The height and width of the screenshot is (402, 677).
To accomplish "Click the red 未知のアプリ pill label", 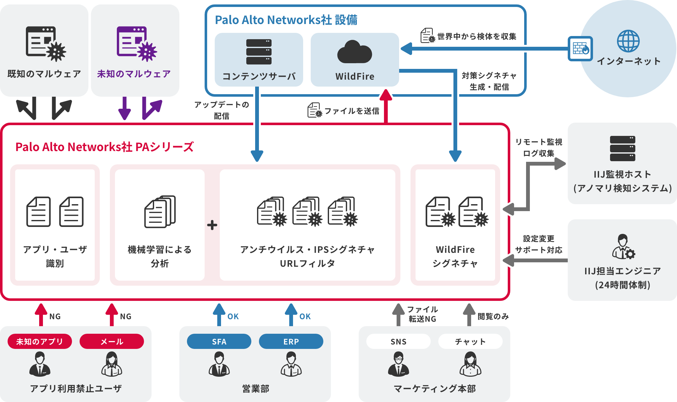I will pyautogui.click(x=40, y=341).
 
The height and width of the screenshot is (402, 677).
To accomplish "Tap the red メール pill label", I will pyautogui.click(x=112, y=341).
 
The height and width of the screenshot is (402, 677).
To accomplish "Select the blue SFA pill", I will pyautogui.click(x=219, y=341).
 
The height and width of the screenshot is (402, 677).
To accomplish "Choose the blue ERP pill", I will pyautogui.click(x=291, y=341).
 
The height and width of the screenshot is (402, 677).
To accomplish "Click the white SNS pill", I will pyautogui.click(x=398, y=341).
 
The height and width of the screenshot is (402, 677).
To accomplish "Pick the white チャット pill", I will pyautogui.click(x=470, y=341).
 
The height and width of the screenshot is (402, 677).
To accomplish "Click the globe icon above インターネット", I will pyautogui.click(x=628, y=41).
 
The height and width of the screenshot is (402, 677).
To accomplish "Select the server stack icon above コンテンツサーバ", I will pyautogui.click(x=259, y=52).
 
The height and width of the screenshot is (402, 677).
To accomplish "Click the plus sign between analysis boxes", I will pyautogui.click(x=212, y=225).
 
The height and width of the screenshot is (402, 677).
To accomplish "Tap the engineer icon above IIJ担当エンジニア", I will pyautogui.click(x=623, y=247).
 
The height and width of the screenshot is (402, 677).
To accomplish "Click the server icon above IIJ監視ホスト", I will pyautogui.click(x=622, y=149).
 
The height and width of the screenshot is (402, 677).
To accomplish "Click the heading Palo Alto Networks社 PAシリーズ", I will pyautogui.click(x=104, y=147).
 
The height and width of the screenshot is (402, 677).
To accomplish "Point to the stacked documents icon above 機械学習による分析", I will pyautogui.click(x=160, y=212).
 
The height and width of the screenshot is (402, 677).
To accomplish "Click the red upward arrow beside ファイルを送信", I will pyautogui.click(x=386, y=106).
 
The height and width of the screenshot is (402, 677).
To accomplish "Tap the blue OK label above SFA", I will pyautogui.click(x=233, y=316).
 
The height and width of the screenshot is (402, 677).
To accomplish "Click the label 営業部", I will pyautogui.click(x=255, y=388).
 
